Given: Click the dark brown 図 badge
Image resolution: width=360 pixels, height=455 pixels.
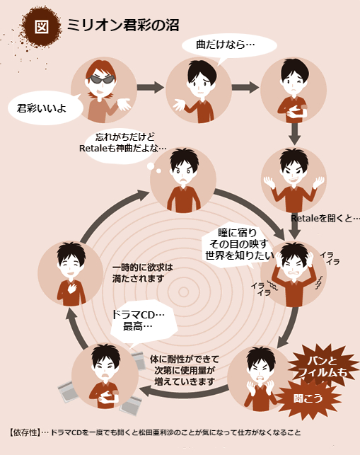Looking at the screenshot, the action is coord(41,26).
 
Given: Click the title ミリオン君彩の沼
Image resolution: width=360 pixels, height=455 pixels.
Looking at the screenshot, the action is coord(123,25).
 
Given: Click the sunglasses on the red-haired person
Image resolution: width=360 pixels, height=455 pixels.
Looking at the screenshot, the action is coord(101,79).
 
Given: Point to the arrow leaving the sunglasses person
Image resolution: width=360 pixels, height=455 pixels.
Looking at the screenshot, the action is coord(151,87).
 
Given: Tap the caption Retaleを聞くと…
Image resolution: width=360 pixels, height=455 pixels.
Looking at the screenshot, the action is coord(325,218).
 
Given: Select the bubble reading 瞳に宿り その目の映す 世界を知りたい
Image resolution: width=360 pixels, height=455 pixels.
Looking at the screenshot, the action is coord(238,245).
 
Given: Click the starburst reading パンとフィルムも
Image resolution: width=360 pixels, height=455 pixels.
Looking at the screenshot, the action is coord(323,367).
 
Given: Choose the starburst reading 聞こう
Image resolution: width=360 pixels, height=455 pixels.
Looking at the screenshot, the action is coord(308,398).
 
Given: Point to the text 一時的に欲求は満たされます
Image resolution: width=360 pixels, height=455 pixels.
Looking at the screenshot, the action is coord(142,272).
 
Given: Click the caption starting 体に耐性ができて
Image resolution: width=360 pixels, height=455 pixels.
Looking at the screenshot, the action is coord(185,370).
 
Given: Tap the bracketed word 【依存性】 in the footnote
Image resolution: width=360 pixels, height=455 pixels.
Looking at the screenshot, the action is coord(25,432).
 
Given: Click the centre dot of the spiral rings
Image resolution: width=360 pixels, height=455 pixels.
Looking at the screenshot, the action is coord(183,292).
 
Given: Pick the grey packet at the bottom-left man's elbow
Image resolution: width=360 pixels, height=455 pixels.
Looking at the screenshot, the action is coord(69,391).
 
